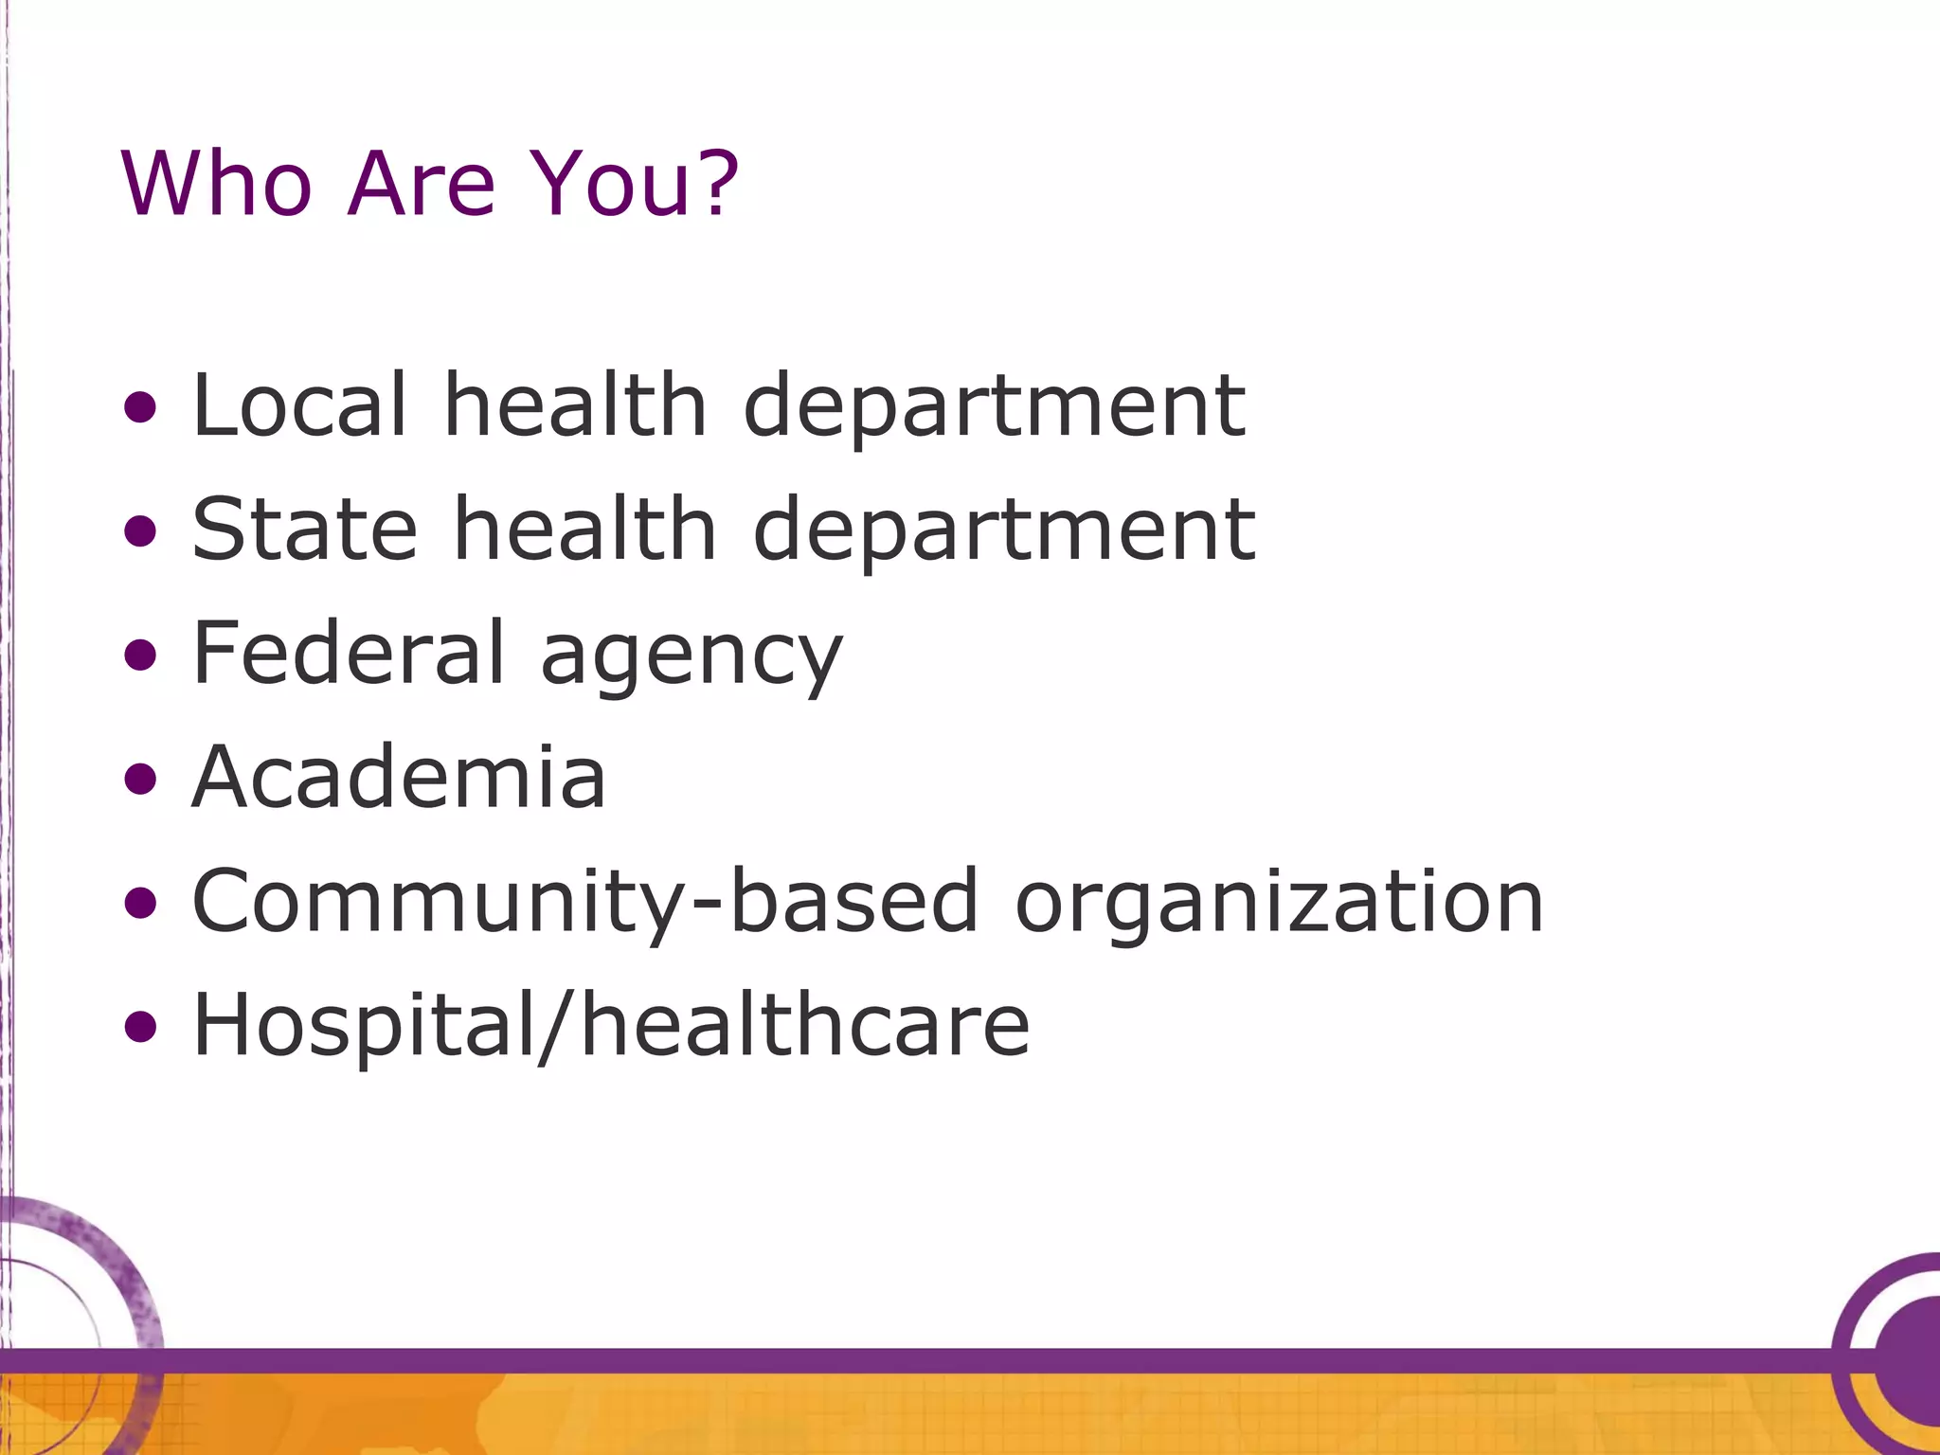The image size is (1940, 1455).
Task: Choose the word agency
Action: [x=691, y=658]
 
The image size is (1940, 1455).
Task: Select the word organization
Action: [x=1279, y=905]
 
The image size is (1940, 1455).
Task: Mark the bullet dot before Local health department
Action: [x=140, y=408]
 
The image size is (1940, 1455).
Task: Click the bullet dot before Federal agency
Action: [x=140, y=656]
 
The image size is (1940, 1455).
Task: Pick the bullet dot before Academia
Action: [x=140, y=780]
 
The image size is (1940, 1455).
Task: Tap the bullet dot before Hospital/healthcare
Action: [x=140, y=1027]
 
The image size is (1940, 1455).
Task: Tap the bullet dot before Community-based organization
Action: [x=140, y=903]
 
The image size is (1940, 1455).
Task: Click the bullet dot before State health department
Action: [x=140, y=531]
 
